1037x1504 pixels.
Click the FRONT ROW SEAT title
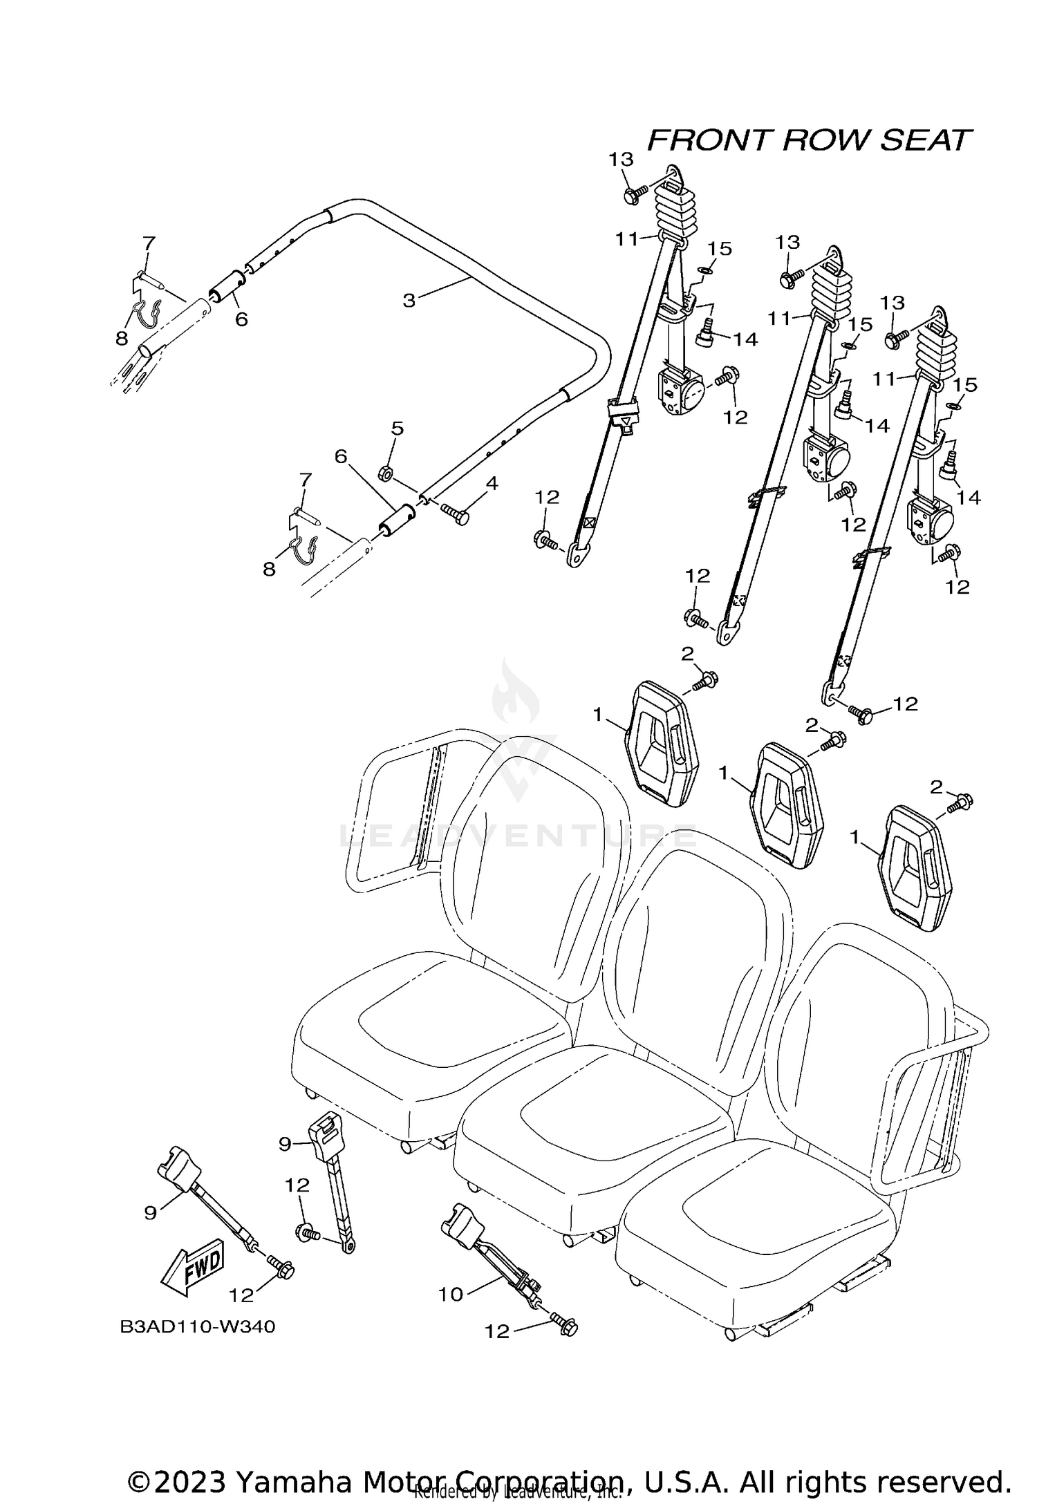pyautogui.click(x=809, y=140)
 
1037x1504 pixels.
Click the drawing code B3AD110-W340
pyautogui.click(x=198, y=1327)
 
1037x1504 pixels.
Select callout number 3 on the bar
pyautogui.click(x=409, y=301)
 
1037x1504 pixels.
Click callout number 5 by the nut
pyautogui.click(x=397, y=429)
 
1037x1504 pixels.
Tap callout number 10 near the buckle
pyautogui.click(x=451, y=1294)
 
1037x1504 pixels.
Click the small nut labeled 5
pyautogui.click(x=386, y=473)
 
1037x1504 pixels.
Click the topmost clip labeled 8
pyautogui.click(x=149, y=314)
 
